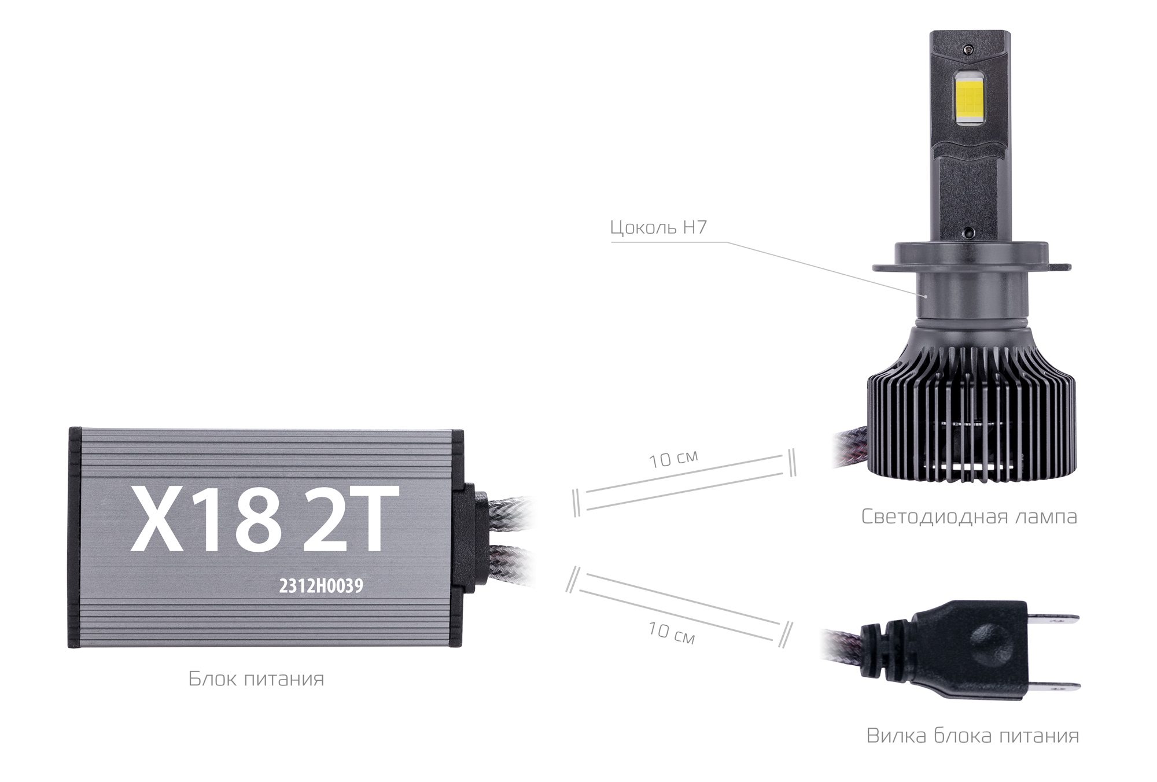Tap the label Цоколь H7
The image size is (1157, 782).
658,227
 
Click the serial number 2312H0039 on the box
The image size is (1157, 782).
321,586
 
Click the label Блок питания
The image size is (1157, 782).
256,679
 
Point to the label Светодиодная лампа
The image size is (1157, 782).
969,517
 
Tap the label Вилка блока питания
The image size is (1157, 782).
972,736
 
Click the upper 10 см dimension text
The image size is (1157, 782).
673,459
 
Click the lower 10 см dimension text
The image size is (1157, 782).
671,633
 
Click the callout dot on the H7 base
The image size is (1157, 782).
926,297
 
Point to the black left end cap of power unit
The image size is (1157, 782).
74,537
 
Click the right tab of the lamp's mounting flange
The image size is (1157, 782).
1059,267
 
